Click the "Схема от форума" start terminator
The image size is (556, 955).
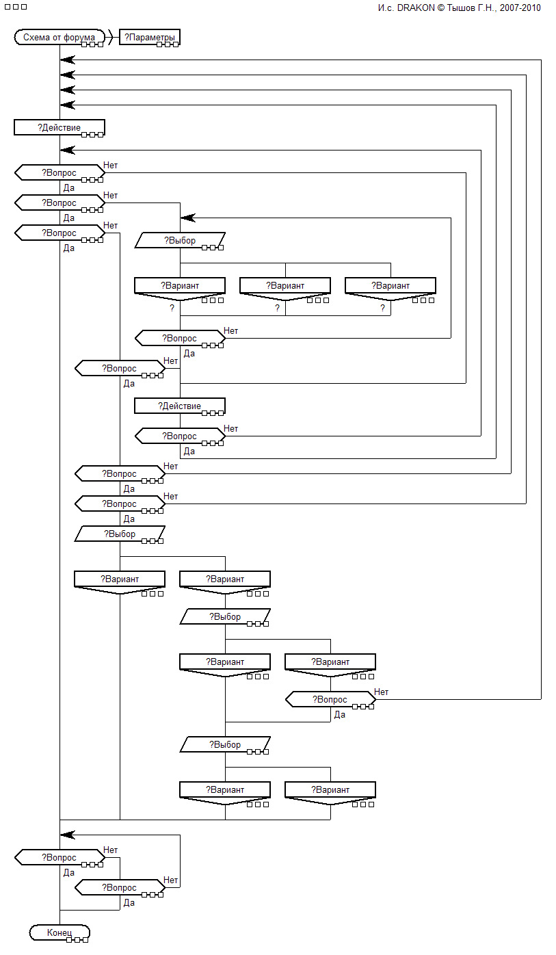tap(59, 38)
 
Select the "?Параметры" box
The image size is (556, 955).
tap(150, 38)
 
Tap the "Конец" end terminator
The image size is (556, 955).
tap(59, 932)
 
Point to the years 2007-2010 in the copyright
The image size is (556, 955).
tap(521, 8)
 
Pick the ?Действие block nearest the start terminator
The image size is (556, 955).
tap(59, 128)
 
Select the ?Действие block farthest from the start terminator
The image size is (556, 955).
tap(179, 406)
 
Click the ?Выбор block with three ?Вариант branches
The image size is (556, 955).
tap(179, 241)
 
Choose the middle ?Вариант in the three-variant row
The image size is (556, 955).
tap(285, 285)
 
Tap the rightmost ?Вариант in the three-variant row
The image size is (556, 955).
tap(390, 285)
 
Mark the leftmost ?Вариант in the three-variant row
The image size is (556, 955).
tap(179, 285)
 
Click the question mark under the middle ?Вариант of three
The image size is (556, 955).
tap(278, 309)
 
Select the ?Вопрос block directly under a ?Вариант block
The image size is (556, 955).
tap(330, 700)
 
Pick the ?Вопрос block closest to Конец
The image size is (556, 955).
tap(119, 887)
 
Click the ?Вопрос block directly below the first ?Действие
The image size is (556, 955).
tap(59, 173)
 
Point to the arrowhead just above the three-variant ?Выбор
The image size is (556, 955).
tap(187, 218)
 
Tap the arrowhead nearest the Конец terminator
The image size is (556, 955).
tap(67, 835)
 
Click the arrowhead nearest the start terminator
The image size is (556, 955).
tap(67, 60)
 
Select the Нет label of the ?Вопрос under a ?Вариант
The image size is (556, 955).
tap(381, 692)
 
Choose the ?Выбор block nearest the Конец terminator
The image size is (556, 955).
tap(224, 744)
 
